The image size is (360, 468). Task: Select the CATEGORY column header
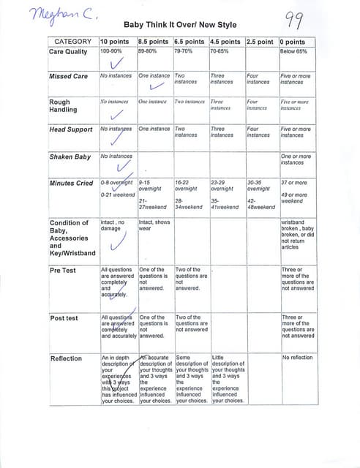(x=71, y=42)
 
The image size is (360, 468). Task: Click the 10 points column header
(x=116, y=42)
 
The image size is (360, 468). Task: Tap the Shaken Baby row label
(x=70, y=156)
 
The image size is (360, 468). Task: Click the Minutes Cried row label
(x=72, y=183)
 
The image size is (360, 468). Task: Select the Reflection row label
(x=66, y=358)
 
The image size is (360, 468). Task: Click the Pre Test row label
(x=62, y=270)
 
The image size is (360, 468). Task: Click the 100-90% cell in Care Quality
(x=111, y=52)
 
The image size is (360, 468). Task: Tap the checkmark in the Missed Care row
(x=155, y=88)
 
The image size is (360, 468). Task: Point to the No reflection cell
(x=296, y=358)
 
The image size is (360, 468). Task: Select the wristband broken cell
(x=298, y=234)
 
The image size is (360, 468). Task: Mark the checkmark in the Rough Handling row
(x=115, y=115)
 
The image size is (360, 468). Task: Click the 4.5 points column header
(x=225, y=42)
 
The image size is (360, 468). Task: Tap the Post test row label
(x=64, y=318)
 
